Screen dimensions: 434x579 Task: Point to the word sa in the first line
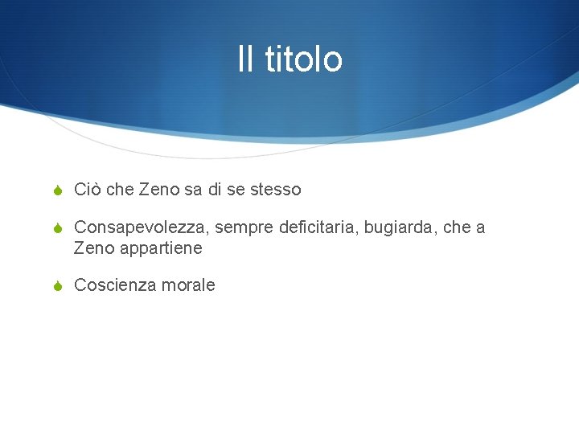193,190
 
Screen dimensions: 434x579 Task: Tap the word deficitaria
317,228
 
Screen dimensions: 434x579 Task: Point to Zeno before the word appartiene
93,248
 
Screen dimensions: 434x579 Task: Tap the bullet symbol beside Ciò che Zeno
57,190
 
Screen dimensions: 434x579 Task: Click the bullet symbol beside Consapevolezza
57,229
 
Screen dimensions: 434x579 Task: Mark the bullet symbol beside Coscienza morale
57,286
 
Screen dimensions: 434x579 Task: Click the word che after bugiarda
456,228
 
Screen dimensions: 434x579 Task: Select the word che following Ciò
120,190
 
